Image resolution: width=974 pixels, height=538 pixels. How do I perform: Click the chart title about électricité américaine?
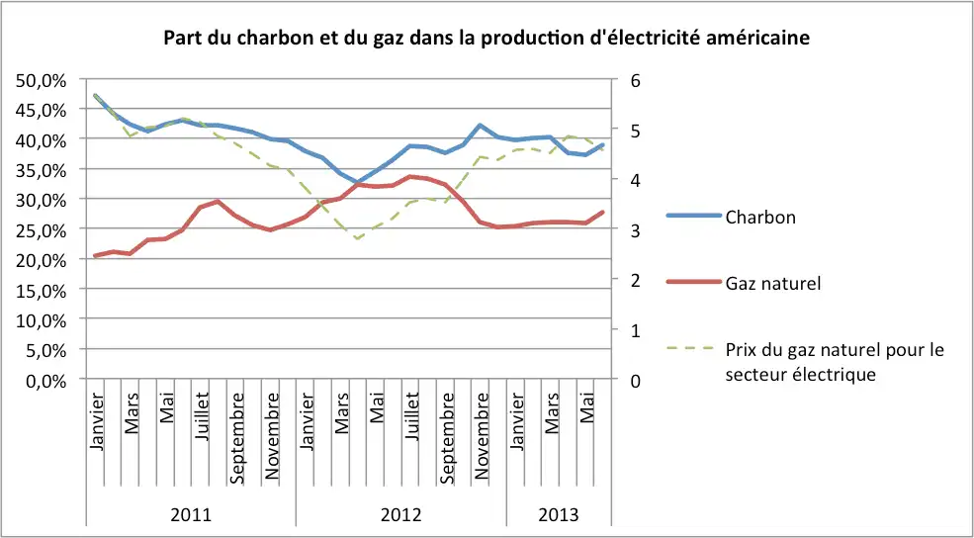(x=487, y=39)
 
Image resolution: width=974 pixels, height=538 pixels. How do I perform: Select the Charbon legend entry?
(x=759, y=217)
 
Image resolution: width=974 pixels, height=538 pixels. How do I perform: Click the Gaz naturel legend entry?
(x=773, y=283)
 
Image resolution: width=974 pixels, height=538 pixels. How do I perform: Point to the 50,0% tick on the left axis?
(x=43, y=80)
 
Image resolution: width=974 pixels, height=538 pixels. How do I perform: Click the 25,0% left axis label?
(x=43, y=229)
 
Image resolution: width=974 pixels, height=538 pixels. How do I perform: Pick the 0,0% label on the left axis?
(x=46, y=380)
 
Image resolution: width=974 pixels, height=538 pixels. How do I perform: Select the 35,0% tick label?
(x=43, y=170)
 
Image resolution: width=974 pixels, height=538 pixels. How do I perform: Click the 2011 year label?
(x=191, y=515)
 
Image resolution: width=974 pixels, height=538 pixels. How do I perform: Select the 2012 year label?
(x=400, y=515)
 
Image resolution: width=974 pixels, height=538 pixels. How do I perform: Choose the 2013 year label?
(x=559, y=515)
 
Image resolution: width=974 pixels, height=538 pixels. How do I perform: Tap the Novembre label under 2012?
(x=483, y=435)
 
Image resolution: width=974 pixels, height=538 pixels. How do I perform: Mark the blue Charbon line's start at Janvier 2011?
(x=95, y=96)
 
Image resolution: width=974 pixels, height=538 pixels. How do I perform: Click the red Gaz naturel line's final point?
(x=603, y=212)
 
